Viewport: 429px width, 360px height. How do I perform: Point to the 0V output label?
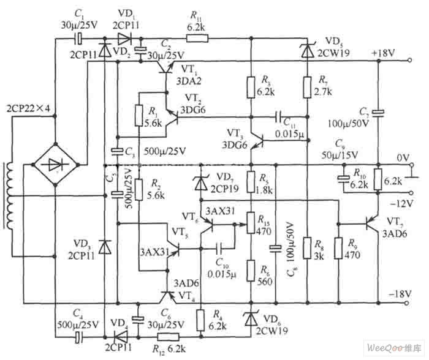coord(402,157)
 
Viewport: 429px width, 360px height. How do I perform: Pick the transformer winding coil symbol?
coord(9,195)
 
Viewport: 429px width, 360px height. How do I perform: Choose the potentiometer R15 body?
coord(251,223)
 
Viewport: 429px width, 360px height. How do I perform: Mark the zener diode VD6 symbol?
coord(251,318)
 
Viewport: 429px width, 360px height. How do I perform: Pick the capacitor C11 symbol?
coord(279,116)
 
